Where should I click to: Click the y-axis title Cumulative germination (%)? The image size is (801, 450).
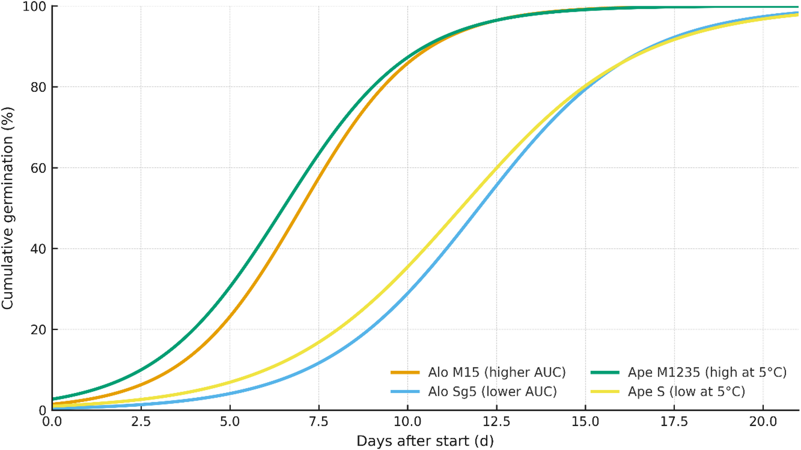point(8,208)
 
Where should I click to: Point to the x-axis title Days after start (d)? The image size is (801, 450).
point(425,441)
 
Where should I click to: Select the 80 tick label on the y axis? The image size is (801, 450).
point(38,87)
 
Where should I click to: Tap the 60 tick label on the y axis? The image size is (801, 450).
point(38,168)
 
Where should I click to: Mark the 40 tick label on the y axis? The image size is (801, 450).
point(38,249)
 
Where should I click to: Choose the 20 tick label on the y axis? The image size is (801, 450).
point(38,329)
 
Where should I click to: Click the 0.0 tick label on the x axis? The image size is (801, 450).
point(52,422)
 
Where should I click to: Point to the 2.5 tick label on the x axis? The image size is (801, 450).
point(141,422)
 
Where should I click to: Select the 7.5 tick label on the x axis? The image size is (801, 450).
point(319,422)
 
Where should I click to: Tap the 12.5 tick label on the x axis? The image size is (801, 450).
point(497,422)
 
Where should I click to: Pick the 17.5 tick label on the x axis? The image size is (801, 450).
point(674,422)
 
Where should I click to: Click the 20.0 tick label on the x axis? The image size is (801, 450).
point(763,422)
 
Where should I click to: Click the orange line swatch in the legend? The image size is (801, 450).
point(405,373)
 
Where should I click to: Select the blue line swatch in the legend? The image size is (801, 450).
point(405,391)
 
